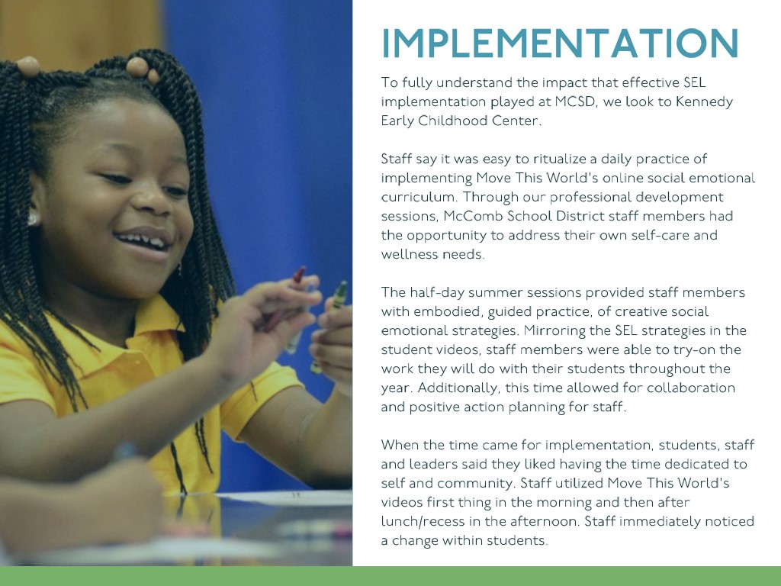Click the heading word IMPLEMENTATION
pos(560,43)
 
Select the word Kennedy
pos(704,102)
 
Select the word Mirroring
pos(554,331)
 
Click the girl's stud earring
pos(33,219)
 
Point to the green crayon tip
pos(342,287)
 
